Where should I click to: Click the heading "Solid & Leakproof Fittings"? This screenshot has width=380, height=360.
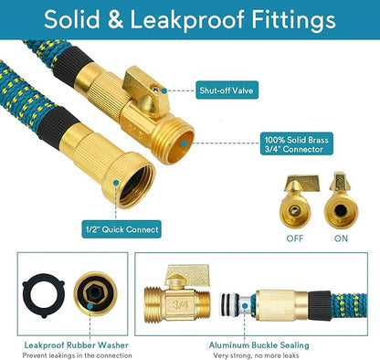[189, 19]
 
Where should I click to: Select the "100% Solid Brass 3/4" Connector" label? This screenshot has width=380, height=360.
[290, 145]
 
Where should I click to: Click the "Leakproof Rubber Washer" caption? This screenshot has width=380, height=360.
[63, 345]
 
